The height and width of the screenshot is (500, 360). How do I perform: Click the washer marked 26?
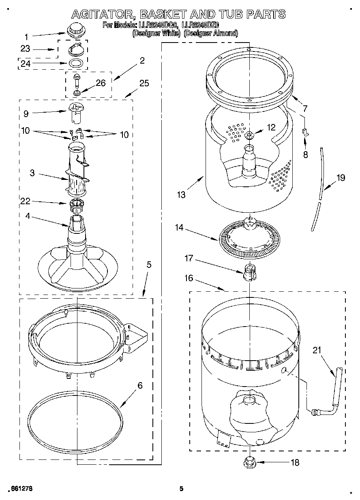click(x=77, y=93)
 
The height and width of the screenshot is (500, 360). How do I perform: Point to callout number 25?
click(x=144, y=84)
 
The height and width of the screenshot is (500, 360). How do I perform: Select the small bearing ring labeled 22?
click(x=76, y=203)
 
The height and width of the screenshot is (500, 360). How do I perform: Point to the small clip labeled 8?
click(x=306, y=131)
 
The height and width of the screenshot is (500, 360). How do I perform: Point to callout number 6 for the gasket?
click(x=140, y=385)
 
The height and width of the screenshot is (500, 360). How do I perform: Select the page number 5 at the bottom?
click(x=181, y=489)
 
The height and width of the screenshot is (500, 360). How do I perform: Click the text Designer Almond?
click(x=211, y=34)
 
